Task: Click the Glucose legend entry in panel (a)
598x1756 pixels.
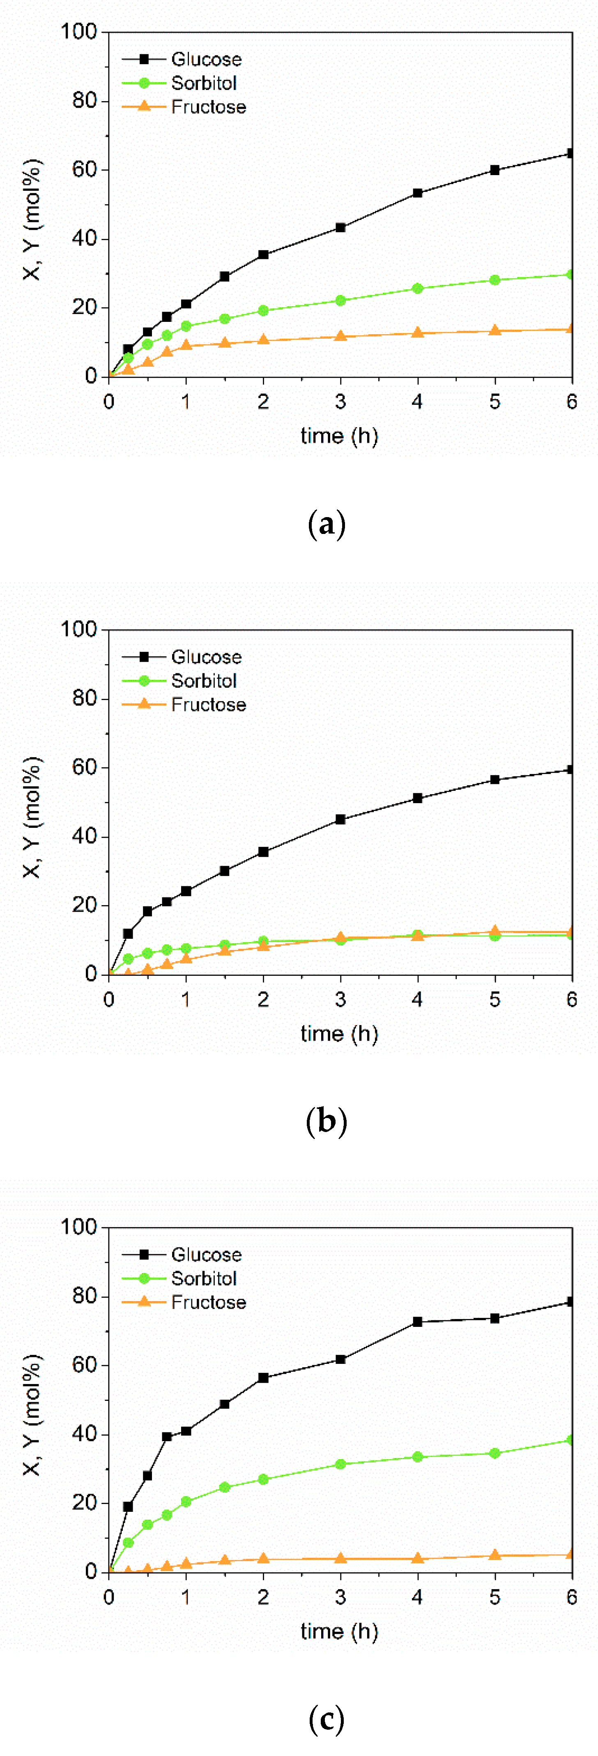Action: click(206, 59)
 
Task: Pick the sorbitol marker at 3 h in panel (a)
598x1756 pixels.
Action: click(340, 300)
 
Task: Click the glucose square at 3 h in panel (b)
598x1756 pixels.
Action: click(340, 819)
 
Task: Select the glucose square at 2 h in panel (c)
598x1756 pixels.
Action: click(264, 1378)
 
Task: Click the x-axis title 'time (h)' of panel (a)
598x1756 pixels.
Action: click(339, 436)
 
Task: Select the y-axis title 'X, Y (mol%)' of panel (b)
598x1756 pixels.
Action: click(32, 817)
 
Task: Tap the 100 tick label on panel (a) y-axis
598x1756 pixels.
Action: click(79, 32)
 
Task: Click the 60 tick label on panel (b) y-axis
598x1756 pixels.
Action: click(85, 767)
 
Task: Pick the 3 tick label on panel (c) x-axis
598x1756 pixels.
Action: click(340, 1597)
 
